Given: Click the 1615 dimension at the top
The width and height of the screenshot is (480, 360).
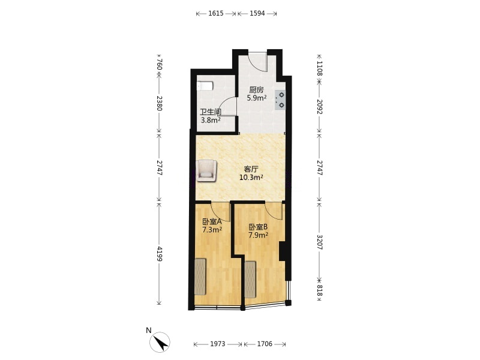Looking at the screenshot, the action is [216, 13].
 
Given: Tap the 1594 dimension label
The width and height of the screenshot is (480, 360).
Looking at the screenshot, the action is [257, 13].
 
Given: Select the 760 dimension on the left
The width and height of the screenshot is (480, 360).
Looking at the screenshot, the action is [159, 64].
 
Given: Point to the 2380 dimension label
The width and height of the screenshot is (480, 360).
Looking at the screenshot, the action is [159, 103].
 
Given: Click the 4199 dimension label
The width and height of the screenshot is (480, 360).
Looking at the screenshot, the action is [159, 253].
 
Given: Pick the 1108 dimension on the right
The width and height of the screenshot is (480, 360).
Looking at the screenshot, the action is [319, 68].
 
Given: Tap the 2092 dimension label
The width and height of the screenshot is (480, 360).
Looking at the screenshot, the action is [319, 107].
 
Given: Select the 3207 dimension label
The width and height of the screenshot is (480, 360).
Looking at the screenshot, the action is [319, 242].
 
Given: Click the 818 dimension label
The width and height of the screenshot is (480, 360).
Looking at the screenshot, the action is [319, 290].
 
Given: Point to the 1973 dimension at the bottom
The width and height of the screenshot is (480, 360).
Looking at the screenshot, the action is [218, 344].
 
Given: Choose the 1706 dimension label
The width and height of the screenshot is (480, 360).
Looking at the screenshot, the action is [265, 344].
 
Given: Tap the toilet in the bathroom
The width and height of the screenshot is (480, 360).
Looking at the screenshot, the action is [205, 86].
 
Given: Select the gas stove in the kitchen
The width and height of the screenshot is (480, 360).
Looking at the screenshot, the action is [280, 100].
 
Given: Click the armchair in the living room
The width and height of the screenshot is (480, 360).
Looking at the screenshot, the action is [207, 170].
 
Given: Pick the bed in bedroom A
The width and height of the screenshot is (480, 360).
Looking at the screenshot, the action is [200, 277].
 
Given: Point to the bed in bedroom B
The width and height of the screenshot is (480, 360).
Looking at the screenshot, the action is [250, 279].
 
